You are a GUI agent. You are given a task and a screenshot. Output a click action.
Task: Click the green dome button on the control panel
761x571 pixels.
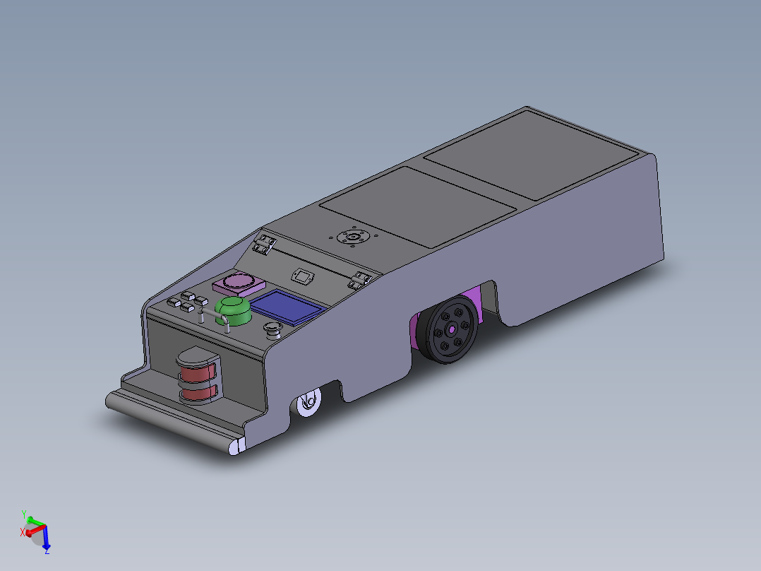click(x=234, y=311)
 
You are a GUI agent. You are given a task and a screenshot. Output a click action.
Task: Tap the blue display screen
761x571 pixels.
click(x=288, y=307)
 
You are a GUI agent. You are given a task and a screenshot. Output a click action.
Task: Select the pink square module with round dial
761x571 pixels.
click(x=239, y=284)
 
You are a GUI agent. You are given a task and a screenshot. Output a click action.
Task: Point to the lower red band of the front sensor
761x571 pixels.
click(x=198, y=393)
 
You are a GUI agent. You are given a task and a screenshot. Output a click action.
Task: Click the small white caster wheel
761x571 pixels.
click(x=309, y=402)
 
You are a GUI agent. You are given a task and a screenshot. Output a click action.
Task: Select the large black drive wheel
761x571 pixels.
click(x=447, y=329)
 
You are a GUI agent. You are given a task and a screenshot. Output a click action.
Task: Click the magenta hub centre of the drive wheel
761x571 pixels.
click(x=452, y=330)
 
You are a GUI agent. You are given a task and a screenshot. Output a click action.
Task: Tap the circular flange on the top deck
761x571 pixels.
click(x=353, y=237)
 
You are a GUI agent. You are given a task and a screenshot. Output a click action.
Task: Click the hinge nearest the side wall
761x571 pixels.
click(x=360, y=280)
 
